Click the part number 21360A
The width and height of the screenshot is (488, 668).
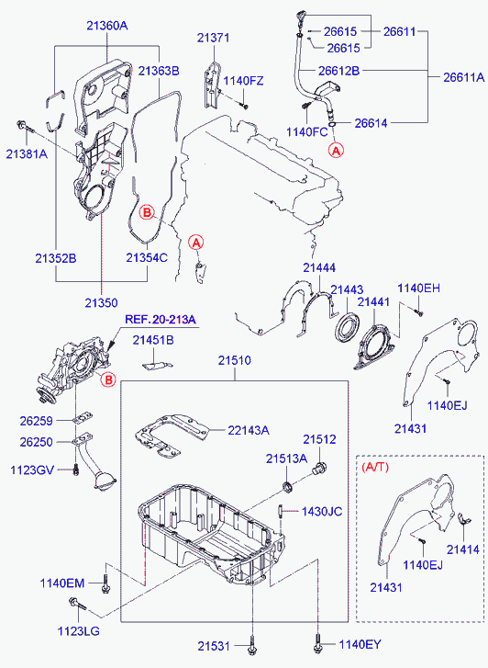107,27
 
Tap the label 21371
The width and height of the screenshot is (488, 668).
215,37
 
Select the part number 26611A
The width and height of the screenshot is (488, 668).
463,77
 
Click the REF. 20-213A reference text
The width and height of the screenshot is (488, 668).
161,318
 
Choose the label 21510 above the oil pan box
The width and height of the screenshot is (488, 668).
233,360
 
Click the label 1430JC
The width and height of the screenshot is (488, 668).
321,512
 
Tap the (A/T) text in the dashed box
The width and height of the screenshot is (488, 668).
375,467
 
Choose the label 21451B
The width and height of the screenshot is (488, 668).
153,341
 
